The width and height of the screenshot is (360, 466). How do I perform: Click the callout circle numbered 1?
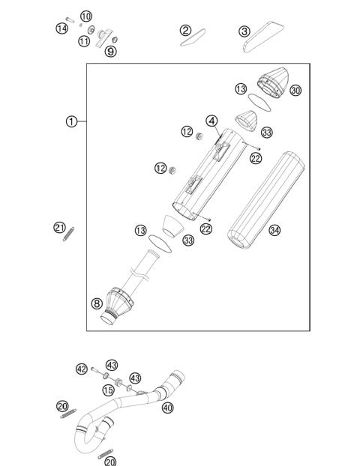pyautogui.click(x=70, y=121)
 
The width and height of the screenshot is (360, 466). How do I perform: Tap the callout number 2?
pyautogui.click(x=185, y=30)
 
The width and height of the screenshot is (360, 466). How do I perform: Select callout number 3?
pyautogui.click(x=244, y=31)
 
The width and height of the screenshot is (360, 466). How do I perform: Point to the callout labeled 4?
pyautogui.click(x=212, y=121)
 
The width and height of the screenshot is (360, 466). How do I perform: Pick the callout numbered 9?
pyautogui.click(x=110, y=51)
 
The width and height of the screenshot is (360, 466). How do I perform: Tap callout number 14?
pyautogui.click(x=61, y=28)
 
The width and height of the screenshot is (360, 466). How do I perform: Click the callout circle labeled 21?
pyautogui.click(x=59, y=227)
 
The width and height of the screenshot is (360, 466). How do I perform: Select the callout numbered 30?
pyautogui.click(x=295, y=91)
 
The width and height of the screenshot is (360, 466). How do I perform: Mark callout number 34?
pyautogui.click(x=274, y=230)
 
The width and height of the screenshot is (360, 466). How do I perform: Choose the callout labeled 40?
pyautogui.click(x=166, y=408)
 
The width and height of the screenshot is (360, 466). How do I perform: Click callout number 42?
pyautogui.click(x=82, y=368)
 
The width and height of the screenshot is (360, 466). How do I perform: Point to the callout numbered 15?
pyautogui.click(x=108, y=390)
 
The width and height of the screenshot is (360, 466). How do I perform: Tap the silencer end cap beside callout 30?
pyautogui.click(x=273, y=81)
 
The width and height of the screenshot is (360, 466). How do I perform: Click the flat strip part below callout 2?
pyautogui.click(x=193, y=38)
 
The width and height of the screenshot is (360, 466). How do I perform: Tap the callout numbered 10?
pyautogui.click(x=85, y=16)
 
